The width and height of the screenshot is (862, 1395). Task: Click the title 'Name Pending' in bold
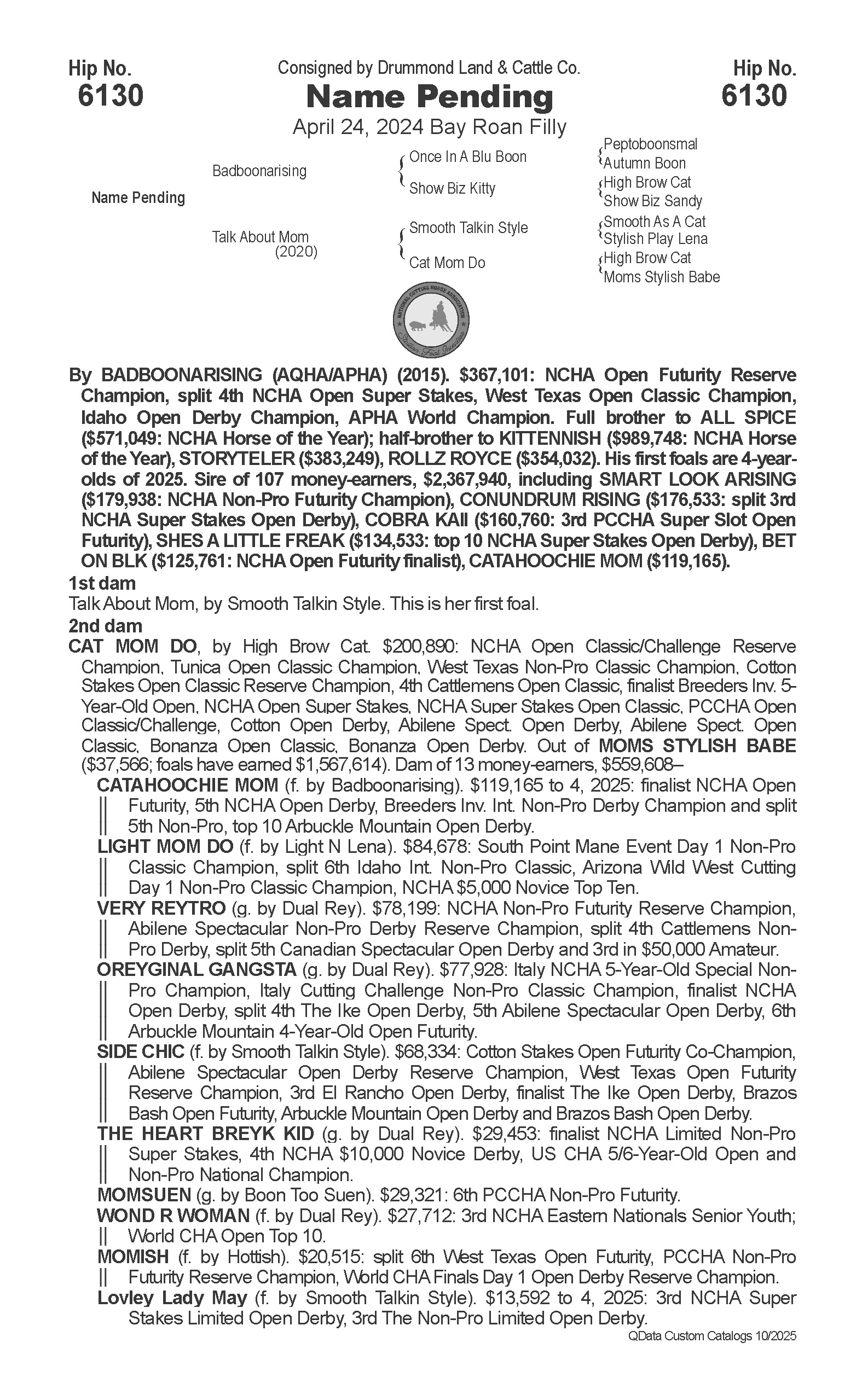(x=429, y=97)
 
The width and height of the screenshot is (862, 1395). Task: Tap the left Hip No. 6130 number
(x=110, y=95)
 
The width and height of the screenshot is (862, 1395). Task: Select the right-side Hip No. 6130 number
(x=754, y=95)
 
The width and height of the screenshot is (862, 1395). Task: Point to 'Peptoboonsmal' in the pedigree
(x=650, y=144)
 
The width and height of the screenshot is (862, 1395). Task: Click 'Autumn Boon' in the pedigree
(x=644, y=164)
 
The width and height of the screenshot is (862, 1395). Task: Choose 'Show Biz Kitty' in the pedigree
(x=452, y=188)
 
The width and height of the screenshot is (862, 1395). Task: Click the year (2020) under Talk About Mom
(x=296, y=252)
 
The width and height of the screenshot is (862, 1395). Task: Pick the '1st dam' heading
(x=102, y=584)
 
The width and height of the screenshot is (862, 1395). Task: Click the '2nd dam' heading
(x=106, y=626)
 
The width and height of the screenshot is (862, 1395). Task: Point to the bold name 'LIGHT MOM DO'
(x=165, y=847)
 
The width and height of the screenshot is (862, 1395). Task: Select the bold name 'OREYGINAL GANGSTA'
(x=196, y=969)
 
